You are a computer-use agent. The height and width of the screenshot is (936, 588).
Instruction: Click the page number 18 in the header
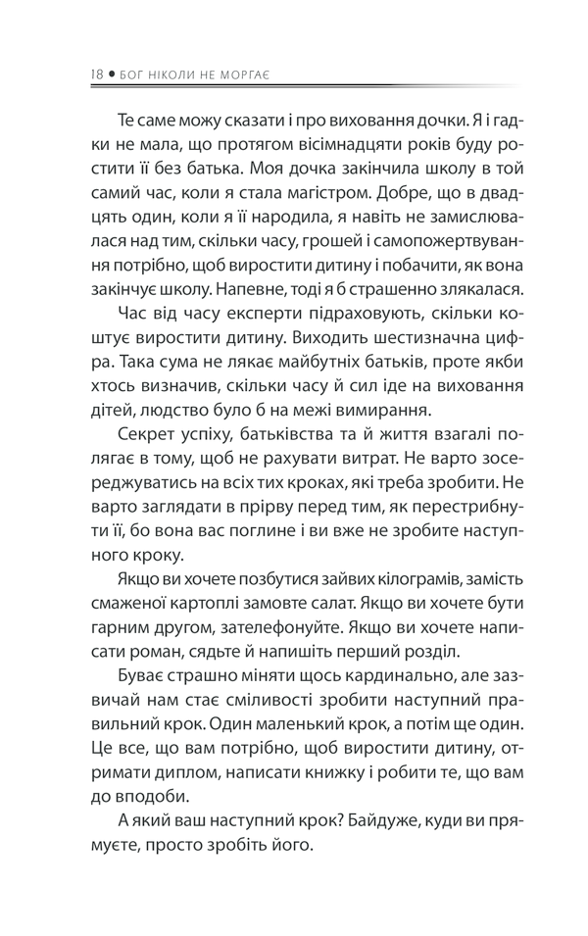pyautogui.click(x=95, y=72)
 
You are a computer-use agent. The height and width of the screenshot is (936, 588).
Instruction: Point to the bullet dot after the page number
pyautogui.click(x=111, y=73)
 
